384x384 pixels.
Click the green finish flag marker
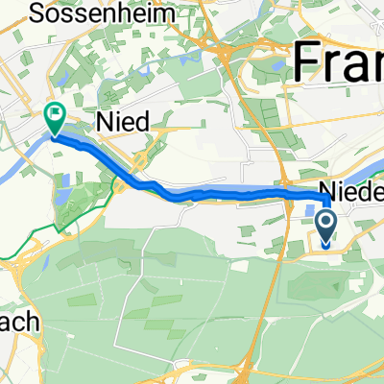click(55, 118)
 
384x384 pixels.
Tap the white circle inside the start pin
click(325, 225)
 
